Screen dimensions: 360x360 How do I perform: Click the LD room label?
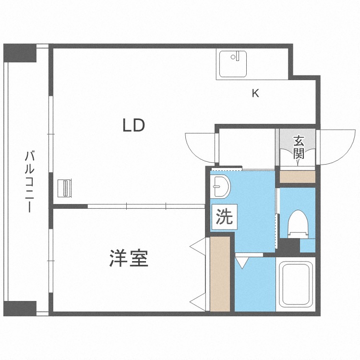pyautogui.click(x=133, y=126)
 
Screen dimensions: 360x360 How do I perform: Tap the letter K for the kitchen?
pyautogui.click(x=256, y=94)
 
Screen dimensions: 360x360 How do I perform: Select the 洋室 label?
pyautogui.click(x=128, y=259)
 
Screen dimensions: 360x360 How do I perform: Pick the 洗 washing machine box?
pyautogui.click(x=224, y=217)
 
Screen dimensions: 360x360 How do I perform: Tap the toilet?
pyautogui.click(x=298, y=224)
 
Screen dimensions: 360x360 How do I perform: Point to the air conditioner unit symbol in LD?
pyautogui.click(x=65, y=188)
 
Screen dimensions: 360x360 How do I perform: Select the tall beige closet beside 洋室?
pyautogui.click(x=220, y=274)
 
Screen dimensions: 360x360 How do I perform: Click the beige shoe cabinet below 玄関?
pyautogui.click(x=297, y=176)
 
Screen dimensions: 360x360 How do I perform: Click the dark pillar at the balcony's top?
pyautogui.click(x=20, y=53)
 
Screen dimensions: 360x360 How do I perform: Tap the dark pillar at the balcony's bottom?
pyautogui.click(x=20, y=308)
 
